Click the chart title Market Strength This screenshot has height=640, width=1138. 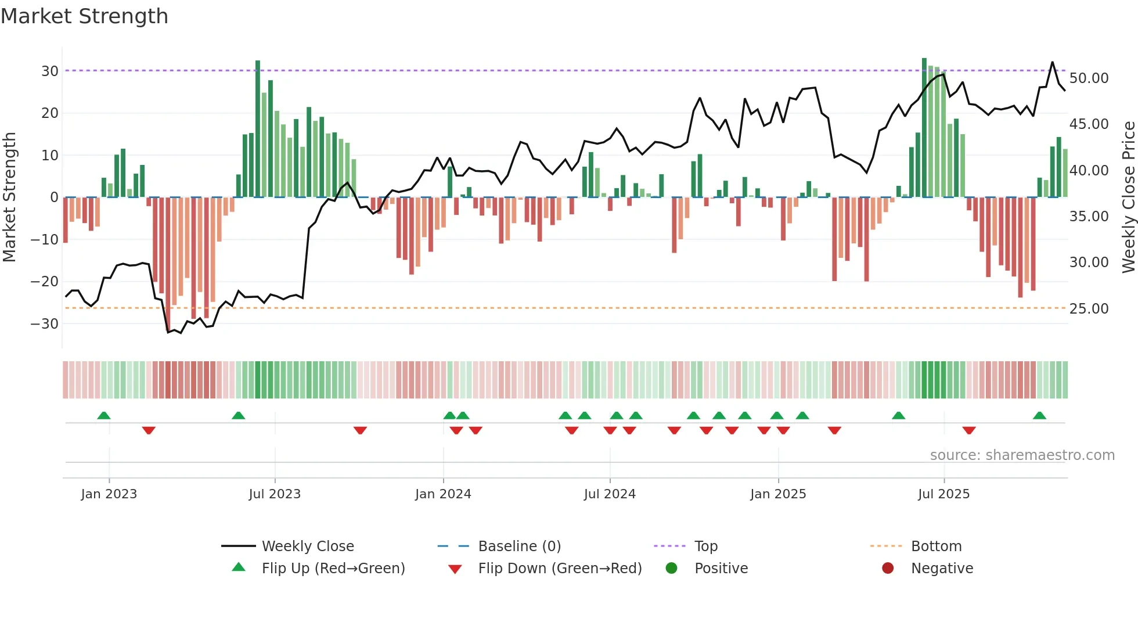tap(84, 16)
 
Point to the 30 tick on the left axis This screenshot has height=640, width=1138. tap(50, 71)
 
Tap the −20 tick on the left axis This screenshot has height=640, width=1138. tap(45, 282)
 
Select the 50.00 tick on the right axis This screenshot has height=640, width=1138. tap(1089, 78)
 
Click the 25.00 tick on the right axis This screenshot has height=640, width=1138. tap(1089, 309)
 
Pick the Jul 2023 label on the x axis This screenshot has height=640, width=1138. tap(275, 494)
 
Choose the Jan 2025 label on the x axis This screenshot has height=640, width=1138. tap(778, 494)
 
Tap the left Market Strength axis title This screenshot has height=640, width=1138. tap(10, 197)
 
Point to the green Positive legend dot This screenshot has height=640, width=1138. tap(672, 569)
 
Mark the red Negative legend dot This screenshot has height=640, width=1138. tap(888, 569)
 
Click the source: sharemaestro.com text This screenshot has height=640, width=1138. tap(1022, 455)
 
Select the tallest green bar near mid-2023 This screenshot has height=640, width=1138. tap(258, 128)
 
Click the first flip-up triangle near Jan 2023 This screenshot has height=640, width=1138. tap(104, 416)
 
